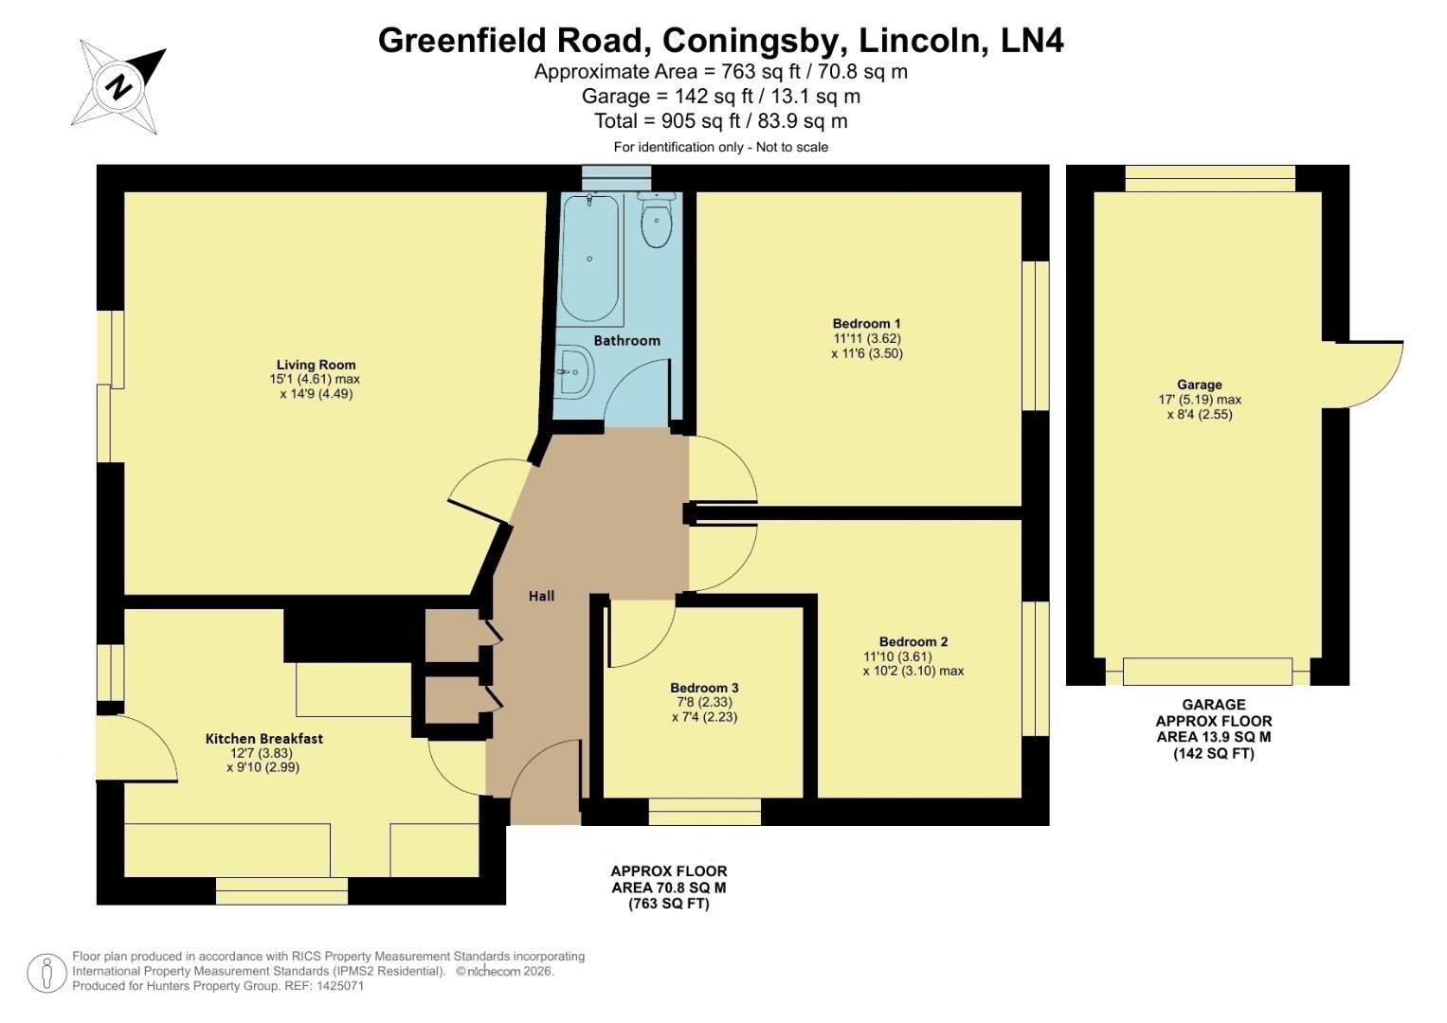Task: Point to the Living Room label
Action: [x=317, y=365]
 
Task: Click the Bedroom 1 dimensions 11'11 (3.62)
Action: [x=866, y=338]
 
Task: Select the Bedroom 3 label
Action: [x=704, y=688]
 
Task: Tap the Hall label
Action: [x=541, y=596]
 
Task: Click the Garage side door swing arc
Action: [x=1371, y=375]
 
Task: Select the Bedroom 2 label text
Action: [x=913, y=641]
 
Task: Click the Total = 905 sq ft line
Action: [x=720, y=121]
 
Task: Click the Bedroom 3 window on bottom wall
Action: [x=704, y=812]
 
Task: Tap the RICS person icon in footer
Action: [x=45, y=973]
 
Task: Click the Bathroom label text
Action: [x=626, y=340]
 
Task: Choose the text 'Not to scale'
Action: [x=792, y=147]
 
